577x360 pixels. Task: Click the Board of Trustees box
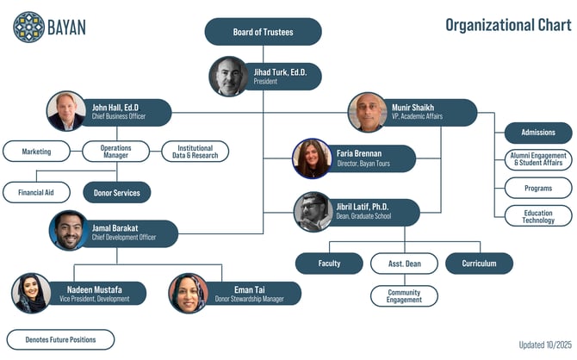coord(263,32)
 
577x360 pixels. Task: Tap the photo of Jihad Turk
coord(228,77)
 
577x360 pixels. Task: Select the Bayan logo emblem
coord(28,27)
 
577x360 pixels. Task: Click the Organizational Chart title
coord(507,24)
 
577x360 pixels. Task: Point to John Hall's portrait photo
coord(66,111)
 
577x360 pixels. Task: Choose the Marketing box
coord(36,152)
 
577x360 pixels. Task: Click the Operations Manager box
coord(115,152)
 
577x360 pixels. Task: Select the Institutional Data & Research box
coord(195,152)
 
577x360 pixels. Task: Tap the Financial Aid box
coord(36,192)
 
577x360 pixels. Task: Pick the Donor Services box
coord(116,192)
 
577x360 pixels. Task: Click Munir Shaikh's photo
coord(367,112)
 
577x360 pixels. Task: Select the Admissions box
coord(538,133)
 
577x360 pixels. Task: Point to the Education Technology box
coord(538,216)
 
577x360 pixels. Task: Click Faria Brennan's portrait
coord(312,158)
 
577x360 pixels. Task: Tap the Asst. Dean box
coord(404,264)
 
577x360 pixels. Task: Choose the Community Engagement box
coord(404,296)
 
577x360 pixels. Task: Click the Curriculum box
coord(479,264)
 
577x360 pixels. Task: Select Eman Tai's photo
coord(188,293)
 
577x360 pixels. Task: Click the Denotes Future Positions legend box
coord(60,339)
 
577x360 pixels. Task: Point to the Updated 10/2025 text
coord(544,344)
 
